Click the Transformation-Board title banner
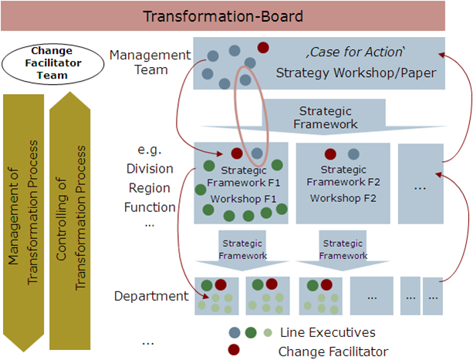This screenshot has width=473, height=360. click(x=236, y=15)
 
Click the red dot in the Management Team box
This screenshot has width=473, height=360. click(x=263, y=48)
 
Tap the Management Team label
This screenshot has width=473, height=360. click(x=149, y=62)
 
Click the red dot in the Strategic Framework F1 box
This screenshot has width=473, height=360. click(x=237, y=153)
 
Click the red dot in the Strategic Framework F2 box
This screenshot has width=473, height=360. click(x=330, y=153)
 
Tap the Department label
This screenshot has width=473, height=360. click(x=151, y=296)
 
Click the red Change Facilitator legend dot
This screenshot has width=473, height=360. click(x=234, y=351)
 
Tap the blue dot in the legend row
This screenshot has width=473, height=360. click(x=234, y=333)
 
